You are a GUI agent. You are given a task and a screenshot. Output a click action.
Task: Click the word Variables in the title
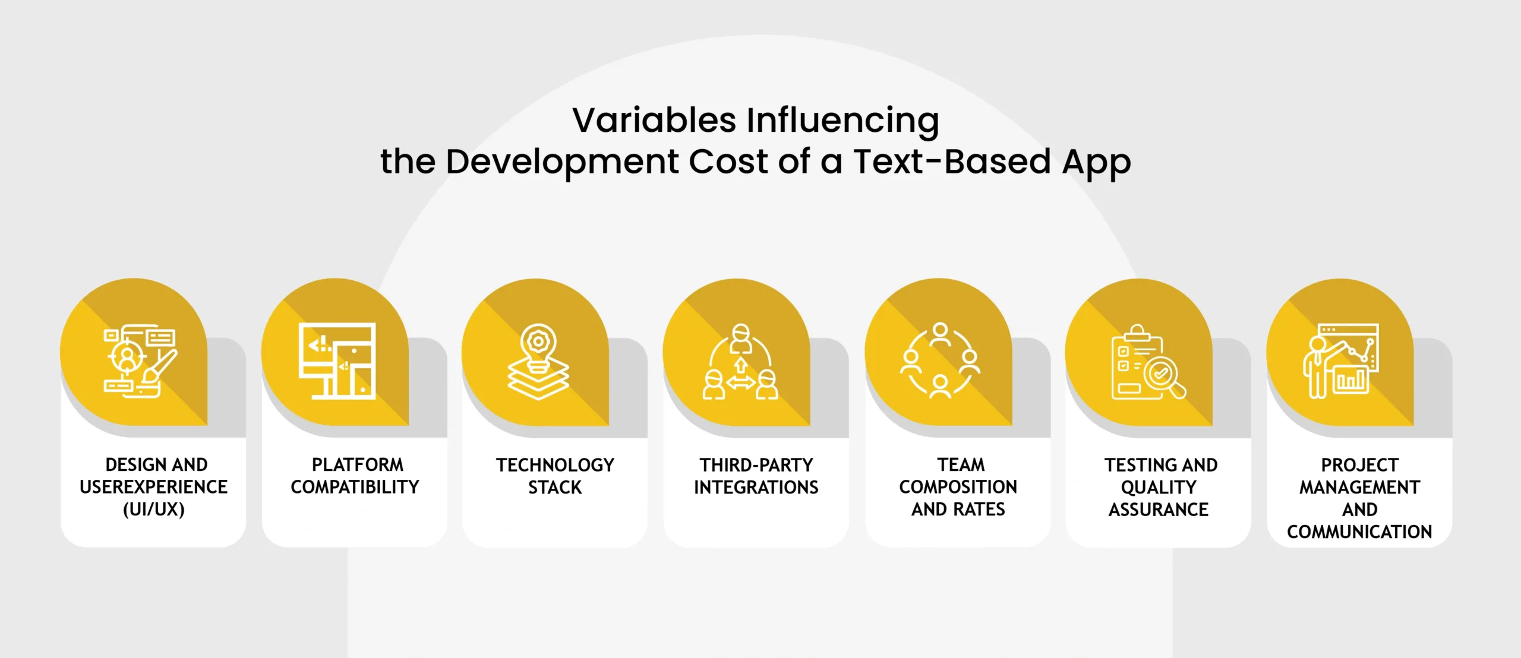point(654,120)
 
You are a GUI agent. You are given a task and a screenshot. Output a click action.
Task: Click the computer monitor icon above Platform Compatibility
point(337,361)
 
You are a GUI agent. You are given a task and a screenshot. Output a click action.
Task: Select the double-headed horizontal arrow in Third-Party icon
point(740,383)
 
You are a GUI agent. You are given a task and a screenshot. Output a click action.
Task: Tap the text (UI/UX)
point(154,510)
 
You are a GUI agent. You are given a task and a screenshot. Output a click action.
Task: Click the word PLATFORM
point(358,464)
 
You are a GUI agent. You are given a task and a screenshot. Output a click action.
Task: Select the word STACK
point(555,488)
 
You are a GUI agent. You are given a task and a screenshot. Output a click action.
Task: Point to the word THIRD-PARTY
point(756,465)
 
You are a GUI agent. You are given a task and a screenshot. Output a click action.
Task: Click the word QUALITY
point(1159,488)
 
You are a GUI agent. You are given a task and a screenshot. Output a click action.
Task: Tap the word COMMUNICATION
point(1359,532)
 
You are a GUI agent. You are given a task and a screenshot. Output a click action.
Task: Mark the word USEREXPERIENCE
point(154,487)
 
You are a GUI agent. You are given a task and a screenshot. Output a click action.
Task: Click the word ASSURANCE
point(1159,510)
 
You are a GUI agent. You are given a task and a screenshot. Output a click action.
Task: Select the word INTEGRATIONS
point(756,488)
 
